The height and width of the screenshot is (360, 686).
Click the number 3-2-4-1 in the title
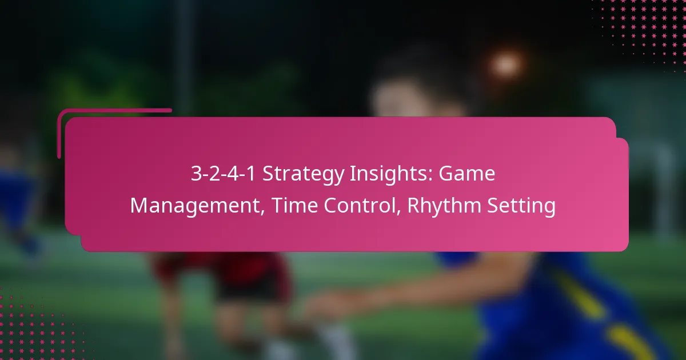224,173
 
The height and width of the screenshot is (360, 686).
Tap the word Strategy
304,174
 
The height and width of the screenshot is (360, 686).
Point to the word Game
466,173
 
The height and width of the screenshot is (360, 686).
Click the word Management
195,206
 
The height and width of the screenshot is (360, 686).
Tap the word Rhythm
444,205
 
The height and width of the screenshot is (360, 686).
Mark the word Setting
521,206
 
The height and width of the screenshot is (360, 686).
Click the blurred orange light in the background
505,65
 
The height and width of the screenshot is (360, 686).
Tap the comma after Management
263,211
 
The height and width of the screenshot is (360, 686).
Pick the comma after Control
398,211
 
